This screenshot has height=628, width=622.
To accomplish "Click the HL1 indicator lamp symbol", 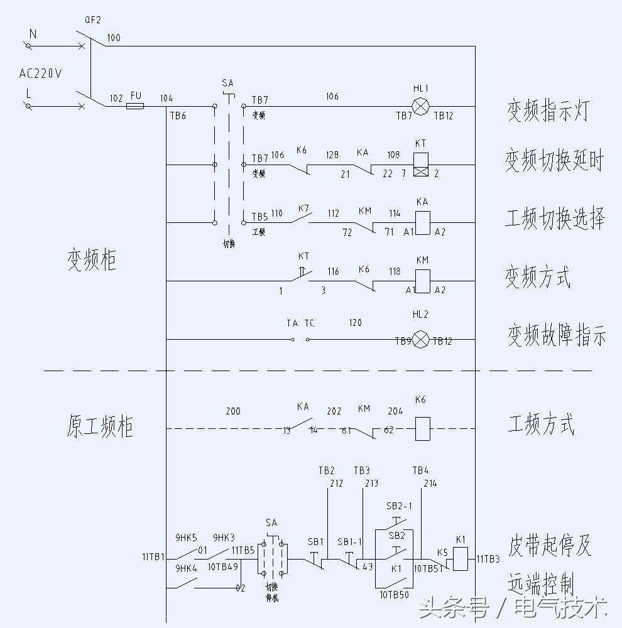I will tap(420, 106).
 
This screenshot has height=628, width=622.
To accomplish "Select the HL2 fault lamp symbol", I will tap(420, 340).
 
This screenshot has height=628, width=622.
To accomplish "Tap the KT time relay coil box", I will tap(420, 165).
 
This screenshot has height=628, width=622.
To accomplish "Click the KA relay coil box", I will tap(423, 222).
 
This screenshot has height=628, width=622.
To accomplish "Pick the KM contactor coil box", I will tap(422, 280).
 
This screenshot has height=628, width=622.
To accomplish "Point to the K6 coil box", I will tap(422, 429).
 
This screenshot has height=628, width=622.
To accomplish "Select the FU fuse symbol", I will tap(135, 106).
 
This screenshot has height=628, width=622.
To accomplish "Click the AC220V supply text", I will tap(41, 73).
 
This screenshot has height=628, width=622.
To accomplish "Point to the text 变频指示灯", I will tap(548, 111).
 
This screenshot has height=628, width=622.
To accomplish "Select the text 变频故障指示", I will tap(557, 337).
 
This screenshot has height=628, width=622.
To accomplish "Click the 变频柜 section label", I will tap(92, 260).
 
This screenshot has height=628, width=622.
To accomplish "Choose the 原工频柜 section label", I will tap(100, 426).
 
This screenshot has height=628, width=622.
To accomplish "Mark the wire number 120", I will tap(355, 323).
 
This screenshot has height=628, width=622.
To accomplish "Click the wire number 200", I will tap(233, 411).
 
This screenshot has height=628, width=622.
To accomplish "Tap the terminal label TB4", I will tap(420, 470).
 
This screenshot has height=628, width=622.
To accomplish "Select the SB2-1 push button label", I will tap(399, 506).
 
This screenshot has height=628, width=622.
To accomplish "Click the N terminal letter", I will tap(33, 35).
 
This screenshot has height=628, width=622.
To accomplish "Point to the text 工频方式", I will tap(540, 425).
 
